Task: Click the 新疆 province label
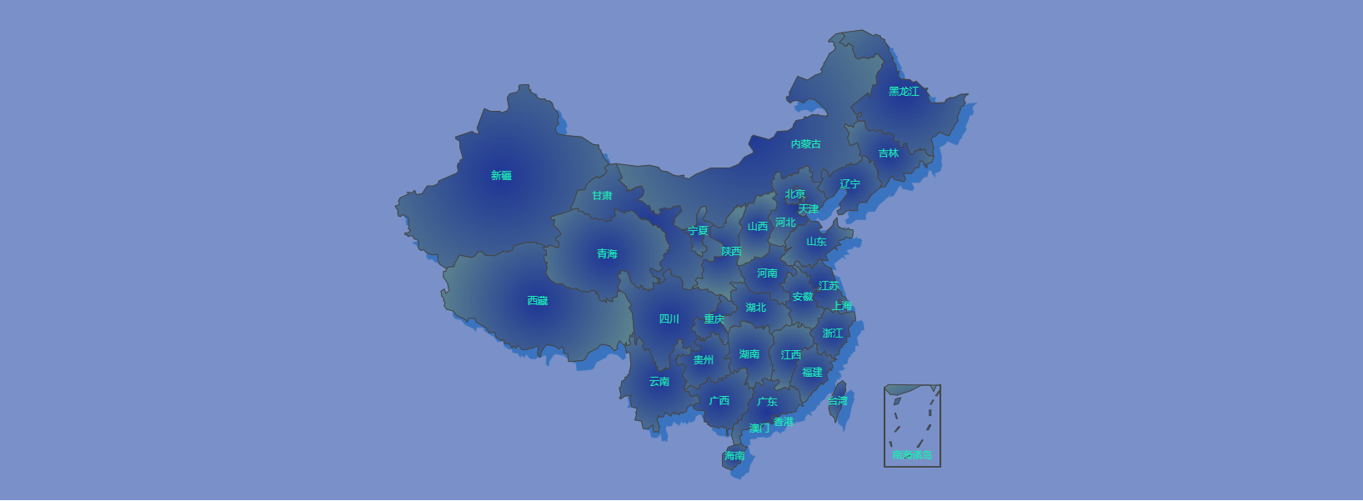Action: (x=501, y=176)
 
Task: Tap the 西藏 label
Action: (x=538, y=301)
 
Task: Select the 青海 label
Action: (x=607, y=254)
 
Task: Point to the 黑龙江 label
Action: (x=904, y=92)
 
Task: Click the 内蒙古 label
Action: (x=806, y=144)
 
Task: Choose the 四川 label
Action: (x=669, y=319)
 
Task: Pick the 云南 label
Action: (x=659, y=382)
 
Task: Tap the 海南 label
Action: (x=734, y=456)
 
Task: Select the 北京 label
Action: (x=795, y=194)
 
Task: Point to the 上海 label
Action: (x=842, y=306)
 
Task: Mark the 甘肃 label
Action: (x=602, y=196)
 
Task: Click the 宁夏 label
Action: (x=698, y=231)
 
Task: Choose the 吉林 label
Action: (x=889, y=153)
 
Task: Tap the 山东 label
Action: (x=816, y=242)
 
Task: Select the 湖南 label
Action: (x=749, y=354)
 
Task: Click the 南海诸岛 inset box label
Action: (x=912, y=455)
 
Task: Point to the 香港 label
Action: (x=784, y=422)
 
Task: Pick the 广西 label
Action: (x=719, y=401)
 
